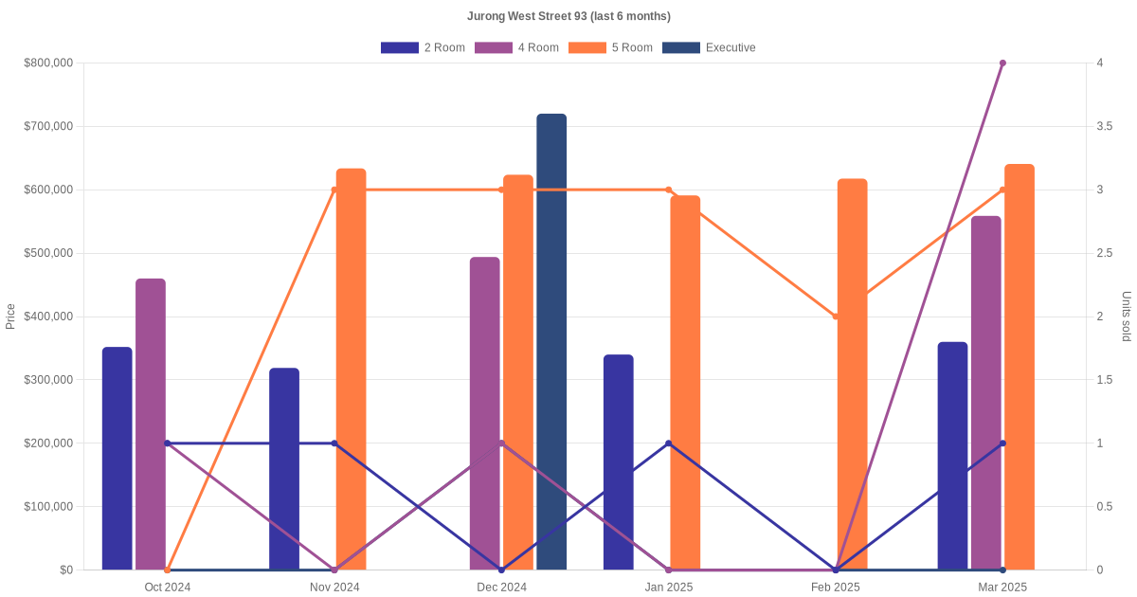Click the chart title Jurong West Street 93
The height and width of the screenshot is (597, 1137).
point(568,16)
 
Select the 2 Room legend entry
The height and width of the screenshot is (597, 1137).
point(423,47)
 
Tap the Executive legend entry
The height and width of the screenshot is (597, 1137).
point(709,47)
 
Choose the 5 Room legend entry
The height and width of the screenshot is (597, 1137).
point(610,47)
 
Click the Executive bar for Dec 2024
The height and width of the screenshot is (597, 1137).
point(551,341)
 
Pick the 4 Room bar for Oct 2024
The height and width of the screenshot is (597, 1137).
point(151,424)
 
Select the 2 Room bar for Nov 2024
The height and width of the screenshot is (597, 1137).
point(284,468)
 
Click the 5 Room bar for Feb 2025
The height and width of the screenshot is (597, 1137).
point(852,373)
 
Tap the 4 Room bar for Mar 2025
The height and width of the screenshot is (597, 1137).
point(985,392)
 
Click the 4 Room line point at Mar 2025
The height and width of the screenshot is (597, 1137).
point(1002,63)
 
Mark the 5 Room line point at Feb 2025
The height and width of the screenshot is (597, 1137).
point(836,317)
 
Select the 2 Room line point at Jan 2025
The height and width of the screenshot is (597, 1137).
point(669,443)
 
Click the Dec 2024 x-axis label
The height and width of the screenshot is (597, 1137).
point(501,588)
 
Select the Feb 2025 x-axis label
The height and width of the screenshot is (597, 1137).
point(836,588)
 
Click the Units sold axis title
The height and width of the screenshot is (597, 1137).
point(1126,317)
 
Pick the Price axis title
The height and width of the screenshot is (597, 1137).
point(10,317)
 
